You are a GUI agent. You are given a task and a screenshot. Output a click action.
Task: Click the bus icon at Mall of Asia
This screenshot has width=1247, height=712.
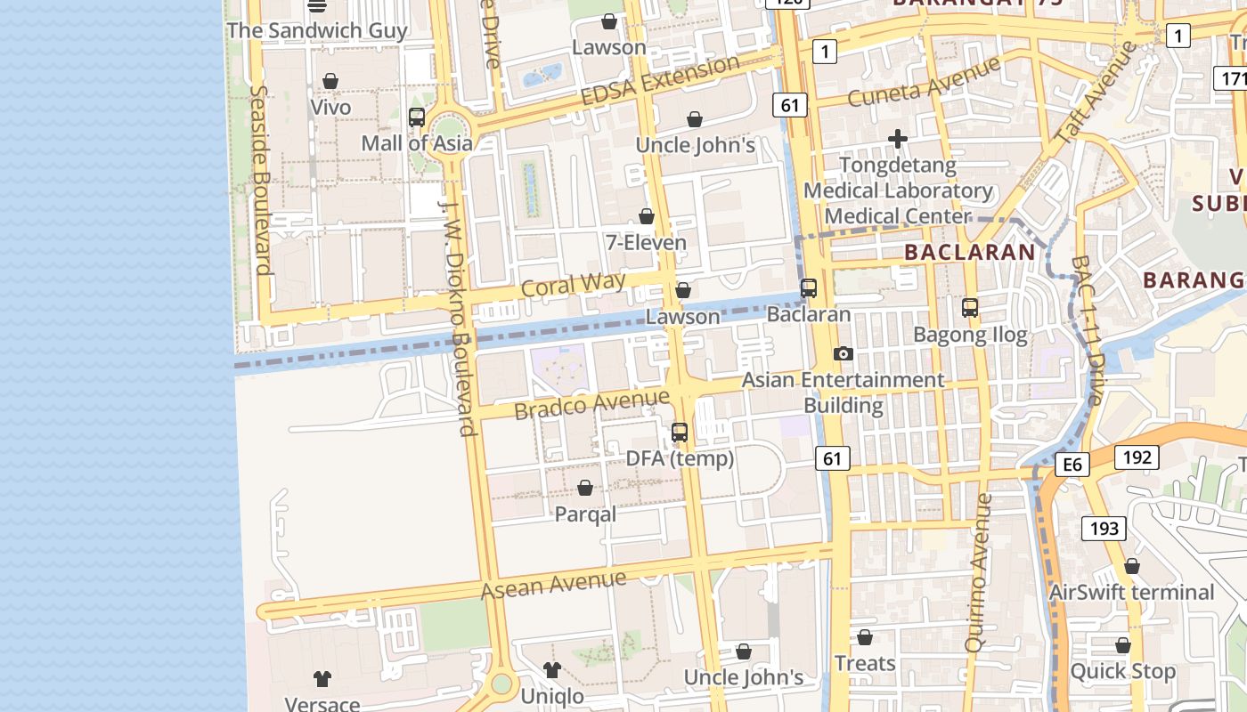tap(416, 117)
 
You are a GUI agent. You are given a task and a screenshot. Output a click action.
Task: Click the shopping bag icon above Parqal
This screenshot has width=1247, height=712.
tap(585, 488)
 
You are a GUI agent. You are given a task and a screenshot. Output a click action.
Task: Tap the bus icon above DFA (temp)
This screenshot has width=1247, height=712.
tap(680, 433)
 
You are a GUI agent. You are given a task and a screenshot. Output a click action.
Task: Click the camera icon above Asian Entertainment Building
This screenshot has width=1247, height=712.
tap(843, 353)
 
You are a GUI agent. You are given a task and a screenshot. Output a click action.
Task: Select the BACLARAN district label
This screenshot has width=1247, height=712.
tap(970, 252)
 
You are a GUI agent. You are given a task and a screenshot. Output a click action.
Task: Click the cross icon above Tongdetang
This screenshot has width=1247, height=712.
tap(898, 139)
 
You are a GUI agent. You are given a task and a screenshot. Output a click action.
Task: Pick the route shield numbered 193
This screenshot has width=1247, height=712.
tap(1104, 528)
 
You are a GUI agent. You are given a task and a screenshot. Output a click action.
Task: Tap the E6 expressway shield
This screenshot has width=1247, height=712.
tap(1072, 465)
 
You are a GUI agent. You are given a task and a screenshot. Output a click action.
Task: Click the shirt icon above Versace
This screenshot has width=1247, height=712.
tap(322, 678)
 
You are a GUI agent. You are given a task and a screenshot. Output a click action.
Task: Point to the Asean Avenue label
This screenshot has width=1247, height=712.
tap(553, 584)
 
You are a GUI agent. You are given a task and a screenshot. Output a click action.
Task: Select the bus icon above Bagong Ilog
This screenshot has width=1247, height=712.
tap(970, 308)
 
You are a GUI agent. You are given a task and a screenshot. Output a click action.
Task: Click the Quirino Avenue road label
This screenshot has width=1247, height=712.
tap(979, 573)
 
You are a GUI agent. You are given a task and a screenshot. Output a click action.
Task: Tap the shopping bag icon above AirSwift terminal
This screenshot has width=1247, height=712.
tap(1131, 566)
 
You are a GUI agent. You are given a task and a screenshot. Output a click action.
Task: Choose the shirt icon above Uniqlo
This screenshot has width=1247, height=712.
tap(551, 669)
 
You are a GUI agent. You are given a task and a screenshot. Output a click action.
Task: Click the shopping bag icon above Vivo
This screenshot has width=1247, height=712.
tap(330, 81)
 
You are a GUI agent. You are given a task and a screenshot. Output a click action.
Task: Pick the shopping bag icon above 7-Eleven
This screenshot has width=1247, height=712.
tap(647, 216)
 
